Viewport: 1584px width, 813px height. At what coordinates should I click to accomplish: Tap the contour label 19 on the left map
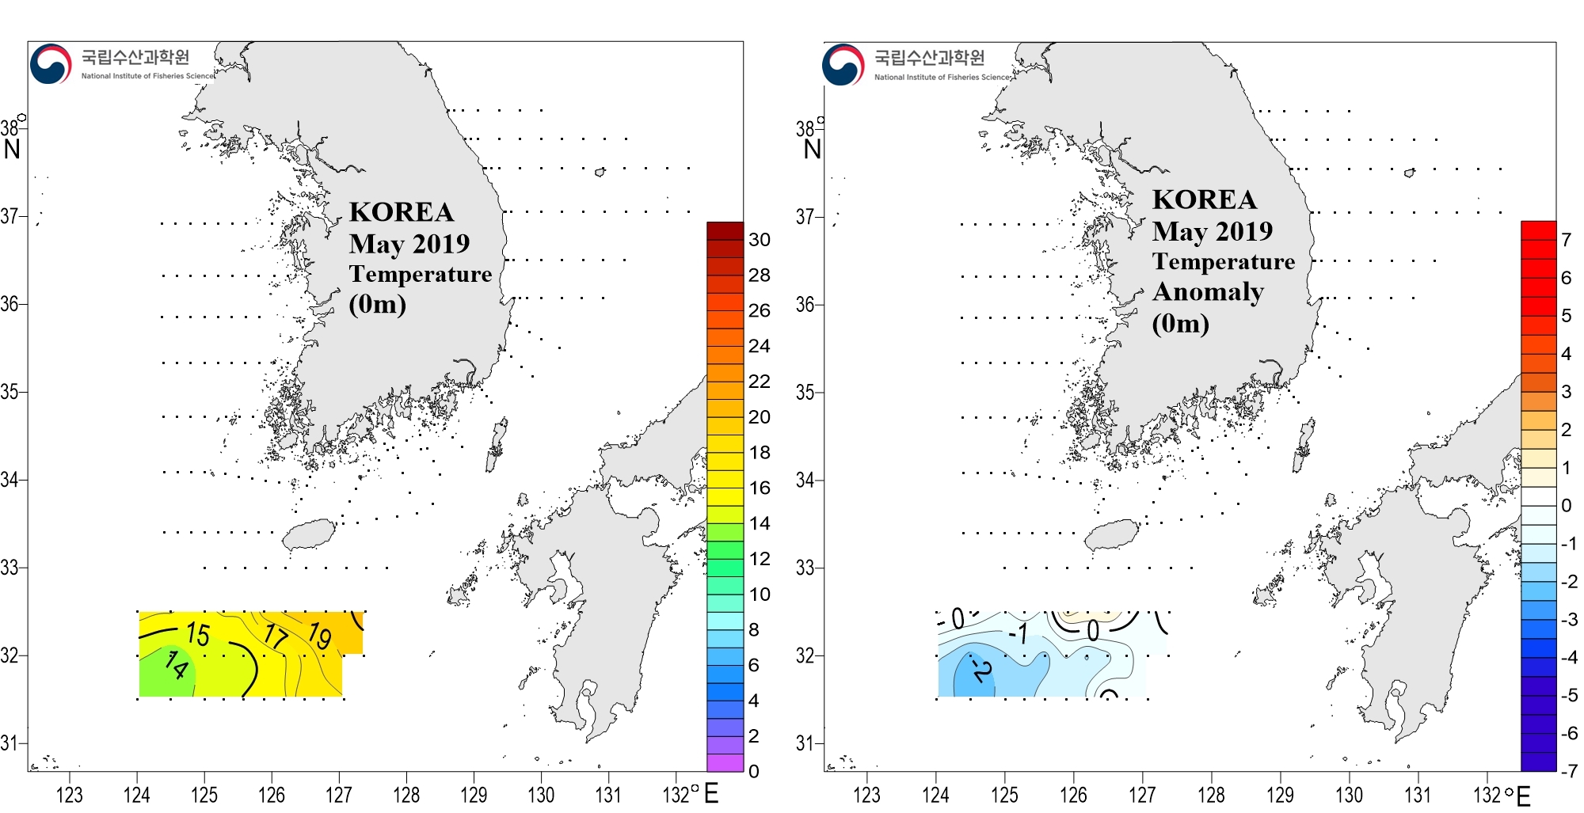point(319,635)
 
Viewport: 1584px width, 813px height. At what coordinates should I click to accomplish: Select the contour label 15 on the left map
point(198,633)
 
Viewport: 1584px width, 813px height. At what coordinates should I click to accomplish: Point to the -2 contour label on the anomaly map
point(981,671)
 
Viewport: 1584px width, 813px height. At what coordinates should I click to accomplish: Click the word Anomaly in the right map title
point(1208,292)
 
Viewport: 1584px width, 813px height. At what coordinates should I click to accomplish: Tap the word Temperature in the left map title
point(421,274)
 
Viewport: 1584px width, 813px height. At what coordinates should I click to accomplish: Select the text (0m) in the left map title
point(377,304)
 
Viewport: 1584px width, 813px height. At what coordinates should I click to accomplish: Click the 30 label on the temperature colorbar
point(759,240)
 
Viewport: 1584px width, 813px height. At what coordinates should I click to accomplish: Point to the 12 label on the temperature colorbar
point(759,559)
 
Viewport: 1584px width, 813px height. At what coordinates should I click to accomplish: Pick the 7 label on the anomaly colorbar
point(1566,240)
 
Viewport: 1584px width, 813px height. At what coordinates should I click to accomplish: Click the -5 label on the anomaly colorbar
point(1568,695)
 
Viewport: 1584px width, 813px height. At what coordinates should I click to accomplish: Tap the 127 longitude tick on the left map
point(339,794)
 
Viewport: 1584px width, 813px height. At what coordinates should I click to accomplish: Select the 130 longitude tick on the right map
point(1349,794)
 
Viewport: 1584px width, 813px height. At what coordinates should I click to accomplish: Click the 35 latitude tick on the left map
point(10,392)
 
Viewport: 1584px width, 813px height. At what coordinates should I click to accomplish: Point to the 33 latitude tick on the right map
point(805,568)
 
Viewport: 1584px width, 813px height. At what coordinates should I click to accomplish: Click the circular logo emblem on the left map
point(51,64)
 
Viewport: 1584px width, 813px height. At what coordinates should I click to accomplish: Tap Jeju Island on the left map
point(309,535)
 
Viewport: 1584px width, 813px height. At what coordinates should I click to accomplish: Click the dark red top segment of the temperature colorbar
point(725,230)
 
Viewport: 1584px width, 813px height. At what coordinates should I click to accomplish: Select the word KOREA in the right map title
point(1204,199)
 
